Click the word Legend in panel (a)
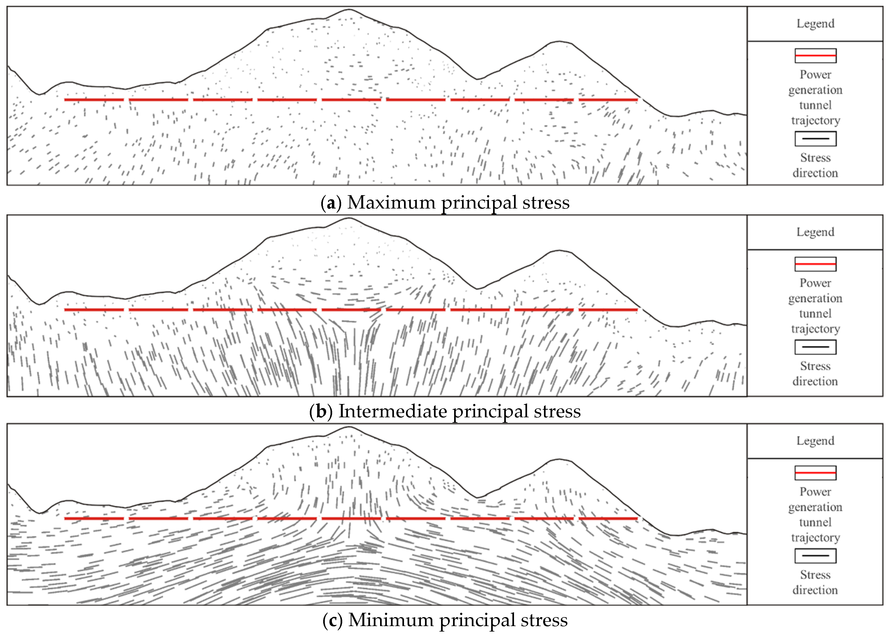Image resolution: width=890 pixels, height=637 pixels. click(815, 23)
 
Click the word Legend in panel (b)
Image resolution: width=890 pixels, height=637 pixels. click(815, 232)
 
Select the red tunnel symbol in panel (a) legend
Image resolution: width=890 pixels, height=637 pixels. click(815, 56)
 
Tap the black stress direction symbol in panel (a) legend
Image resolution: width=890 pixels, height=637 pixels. click(815, 139)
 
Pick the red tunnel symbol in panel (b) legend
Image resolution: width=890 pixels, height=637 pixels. click(815, 264)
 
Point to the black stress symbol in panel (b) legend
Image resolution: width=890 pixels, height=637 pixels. click(815, 347)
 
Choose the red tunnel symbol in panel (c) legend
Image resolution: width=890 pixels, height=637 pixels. click(815, 473)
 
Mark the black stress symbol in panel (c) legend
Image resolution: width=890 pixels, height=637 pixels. click(815, 555)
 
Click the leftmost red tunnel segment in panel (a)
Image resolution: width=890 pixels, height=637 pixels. click(94, 100)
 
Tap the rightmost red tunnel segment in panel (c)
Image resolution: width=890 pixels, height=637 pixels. click(608, 519)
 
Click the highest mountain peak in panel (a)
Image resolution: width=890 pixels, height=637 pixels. click(349, 10)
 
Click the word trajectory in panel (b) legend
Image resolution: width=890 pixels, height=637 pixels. click(815, 329)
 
